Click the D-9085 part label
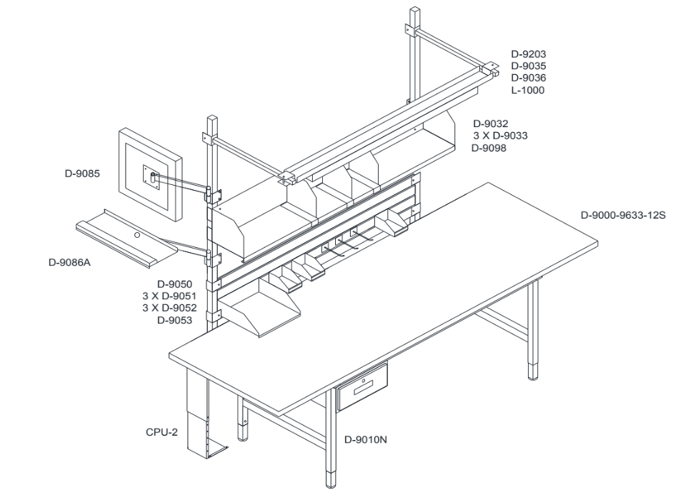82,174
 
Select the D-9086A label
70,263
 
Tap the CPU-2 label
162,432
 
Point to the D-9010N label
366,439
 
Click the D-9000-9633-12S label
623,215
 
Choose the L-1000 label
528,90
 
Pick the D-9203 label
529,54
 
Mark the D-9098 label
489,149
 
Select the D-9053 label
174,321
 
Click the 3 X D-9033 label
500,136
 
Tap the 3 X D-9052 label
169,308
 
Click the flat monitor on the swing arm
151,174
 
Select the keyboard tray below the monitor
127,237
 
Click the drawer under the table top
362,387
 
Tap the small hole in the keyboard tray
137,236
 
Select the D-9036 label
529,78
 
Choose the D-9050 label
174,284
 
